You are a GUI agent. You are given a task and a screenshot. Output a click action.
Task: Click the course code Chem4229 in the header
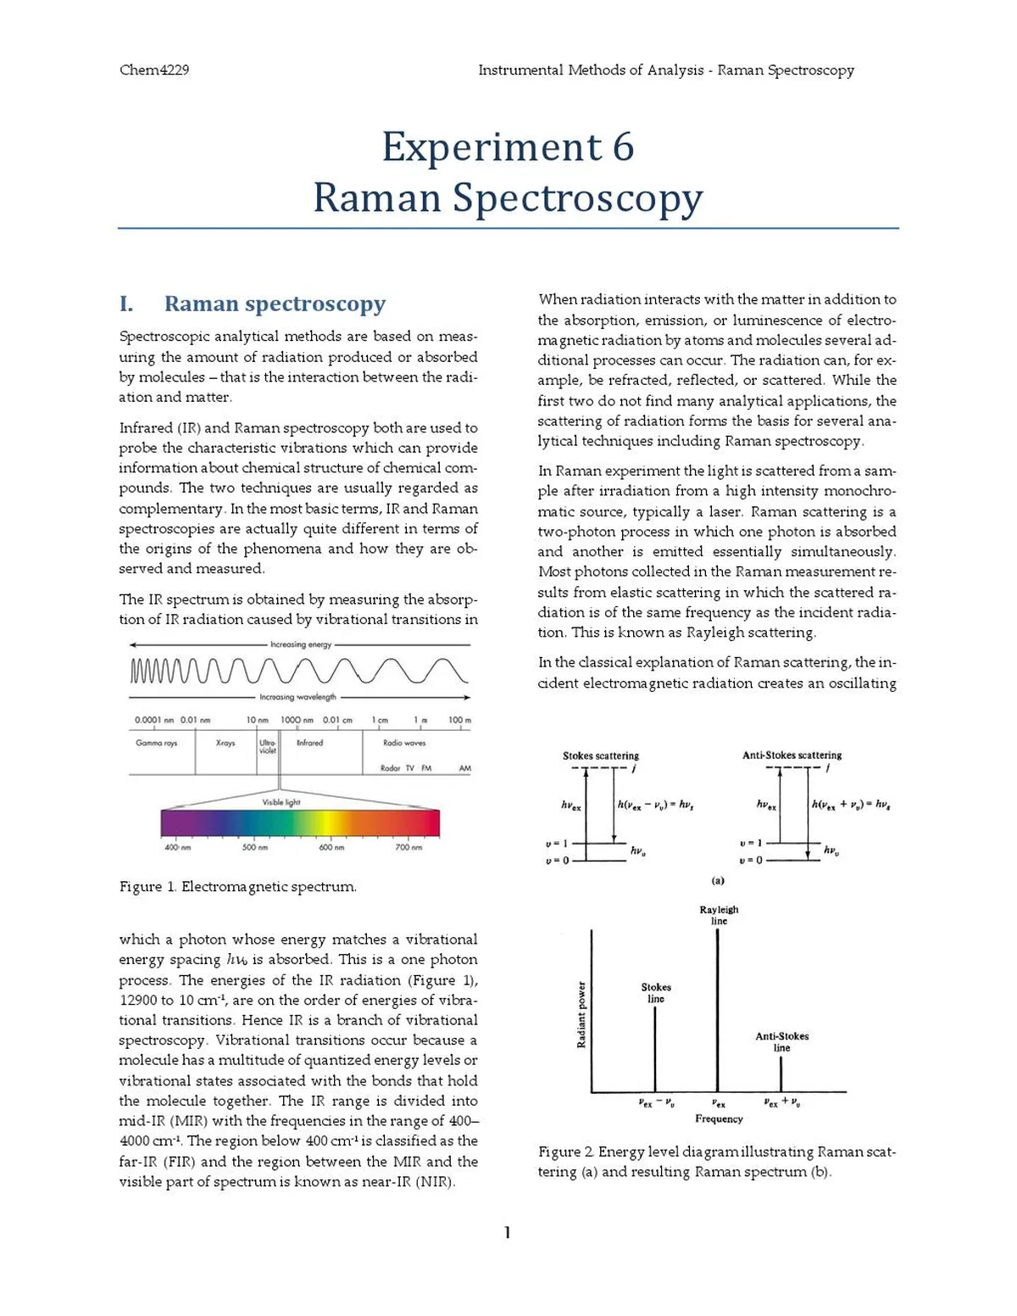(x=154, y=70)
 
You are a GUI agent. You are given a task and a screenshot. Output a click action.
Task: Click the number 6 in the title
(x=623, y=147)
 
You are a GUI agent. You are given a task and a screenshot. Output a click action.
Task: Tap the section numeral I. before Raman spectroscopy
(x=126, y=304)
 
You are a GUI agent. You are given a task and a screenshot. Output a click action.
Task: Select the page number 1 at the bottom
(x=507, y=1232)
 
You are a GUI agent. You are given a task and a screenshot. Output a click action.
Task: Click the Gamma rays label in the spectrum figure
(x=157, y=743)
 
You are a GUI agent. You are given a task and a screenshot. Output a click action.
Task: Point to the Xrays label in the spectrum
(x=225, y=743)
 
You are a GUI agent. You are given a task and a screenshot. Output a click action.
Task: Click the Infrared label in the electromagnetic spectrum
(x=309, y=743)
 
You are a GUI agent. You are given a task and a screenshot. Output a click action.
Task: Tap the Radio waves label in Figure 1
(x=404, y=743)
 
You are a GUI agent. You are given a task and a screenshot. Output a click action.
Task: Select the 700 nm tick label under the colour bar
(x=408, y=847)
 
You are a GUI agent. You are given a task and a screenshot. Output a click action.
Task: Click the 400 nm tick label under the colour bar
(x=177, y=847)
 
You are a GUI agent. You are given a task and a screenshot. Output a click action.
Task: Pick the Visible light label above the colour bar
(x=281, y=802)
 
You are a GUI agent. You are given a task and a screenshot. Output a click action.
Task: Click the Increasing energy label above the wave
(x=301, y=644)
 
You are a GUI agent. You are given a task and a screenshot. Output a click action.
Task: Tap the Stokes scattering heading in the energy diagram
(x=601, y=756)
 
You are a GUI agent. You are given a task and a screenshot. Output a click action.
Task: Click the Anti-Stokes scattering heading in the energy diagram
(x=792, y=755)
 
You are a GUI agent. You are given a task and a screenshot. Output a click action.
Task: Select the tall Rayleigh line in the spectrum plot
(x=718, y=1009)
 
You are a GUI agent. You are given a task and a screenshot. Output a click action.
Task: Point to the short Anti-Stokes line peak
(x=781, y=1073)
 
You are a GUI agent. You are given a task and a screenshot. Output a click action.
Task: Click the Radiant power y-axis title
(x=581, y=1014)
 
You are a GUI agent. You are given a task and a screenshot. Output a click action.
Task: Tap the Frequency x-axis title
(x=719, y=1119)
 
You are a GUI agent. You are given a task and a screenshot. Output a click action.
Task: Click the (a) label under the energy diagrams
(x=718, y=880)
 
